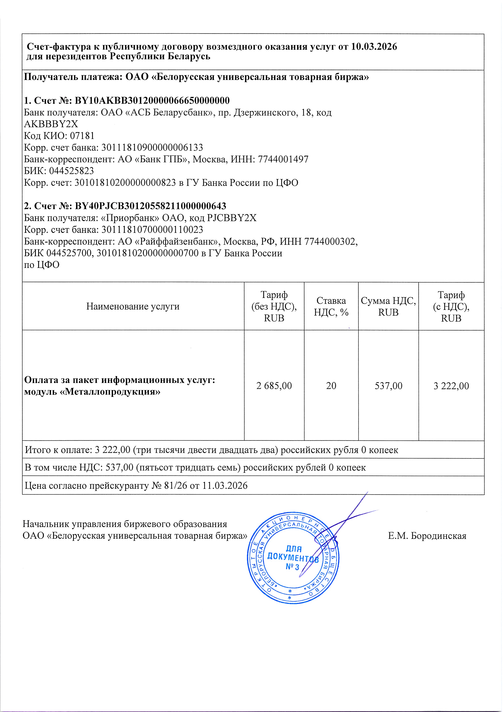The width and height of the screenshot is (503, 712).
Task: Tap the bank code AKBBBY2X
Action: (51, 124)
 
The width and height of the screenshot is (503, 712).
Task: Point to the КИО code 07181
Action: (82, 136)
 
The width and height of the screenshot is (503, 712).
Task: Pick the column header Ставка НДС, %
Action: (331, 306)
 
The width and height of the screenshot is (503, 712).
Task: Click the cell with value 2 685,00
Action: (274, 386)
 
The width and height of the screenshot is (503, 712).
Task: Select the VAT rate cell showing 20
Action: (331, 386)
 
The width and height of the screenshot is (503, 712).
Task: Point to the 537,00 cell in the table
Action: (388, 386)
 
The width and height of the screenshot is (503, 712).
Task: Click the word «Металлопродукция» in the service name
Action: (110, 392)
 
